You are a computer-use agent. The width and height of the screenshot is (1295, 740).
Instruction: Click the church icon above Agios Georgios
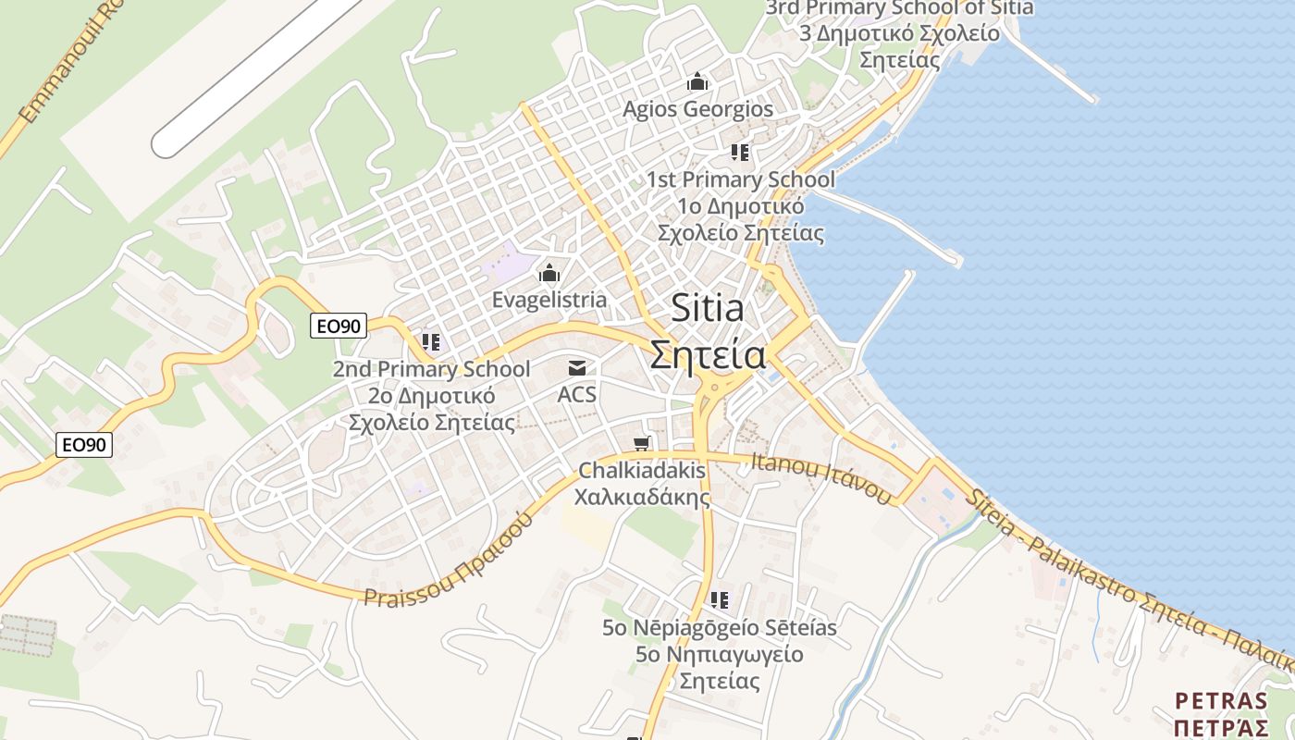click(x=697, y=82)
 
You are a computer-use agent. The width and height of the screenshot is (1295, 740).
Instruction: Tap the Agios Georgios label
click(x=697, y=109)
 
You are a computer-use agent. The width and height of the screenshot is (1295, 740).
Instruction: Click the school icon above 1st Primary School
click(x=739, y=152)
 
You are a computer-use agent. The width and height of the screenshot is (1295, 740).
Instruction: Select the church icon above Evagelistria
click(x=549, y=273)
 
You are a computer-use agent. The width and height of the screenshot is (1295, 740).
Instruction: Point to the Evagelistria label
click(x=549, y=300)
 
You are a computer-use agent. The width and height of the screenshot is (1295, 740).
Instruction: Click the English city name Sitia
click(x=708, y=308)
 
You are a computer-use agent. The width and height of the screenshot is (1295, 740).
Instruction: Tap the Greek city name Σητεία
click(x=708, y=354)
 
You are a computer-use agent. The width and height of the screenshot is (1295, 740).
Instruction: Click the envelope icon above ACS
click(x=577, y=368)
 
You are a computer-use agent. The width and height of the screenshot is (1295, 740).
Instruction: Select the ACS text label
click(x=577, y=395)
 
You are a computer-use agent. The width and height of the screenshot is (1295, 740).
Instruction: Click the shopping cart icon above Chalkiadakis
click(x=642, y=443)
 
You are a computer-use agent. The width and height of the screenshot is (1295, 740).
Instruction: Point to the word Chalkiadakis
click(x=642, y=470)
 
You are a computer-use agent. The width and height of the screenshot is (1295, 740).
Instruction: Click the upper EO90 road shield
click(x=339, y=326)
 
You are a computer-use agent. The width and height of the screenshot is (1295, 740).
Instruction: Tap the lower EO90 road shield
click(x=84, y=445)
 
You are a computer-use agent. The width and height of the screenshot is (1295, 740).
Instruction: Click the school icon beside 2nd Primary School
click(x=430, y=342)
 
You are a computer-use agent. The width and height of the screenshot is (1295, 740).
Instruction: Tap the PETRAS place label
click(x=1220, y=700)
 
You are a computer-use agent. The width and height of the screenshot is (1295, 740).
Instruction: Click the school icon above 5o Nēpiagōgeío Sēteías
click(x=720, y=600)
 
